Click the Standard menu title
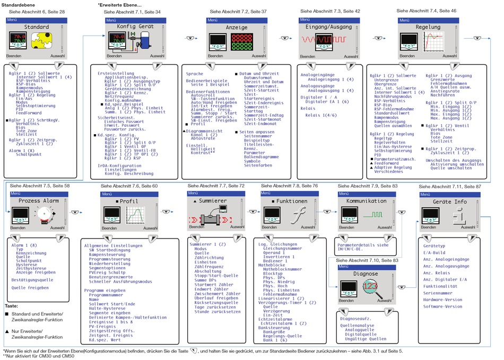[37, 27]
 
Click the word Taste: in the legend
[11, 306]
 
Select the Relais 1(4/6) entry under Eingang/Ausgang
[320, 115]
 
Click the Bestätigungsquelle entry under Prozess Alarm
[32, 279]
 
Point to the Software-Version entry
[442, 306]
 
